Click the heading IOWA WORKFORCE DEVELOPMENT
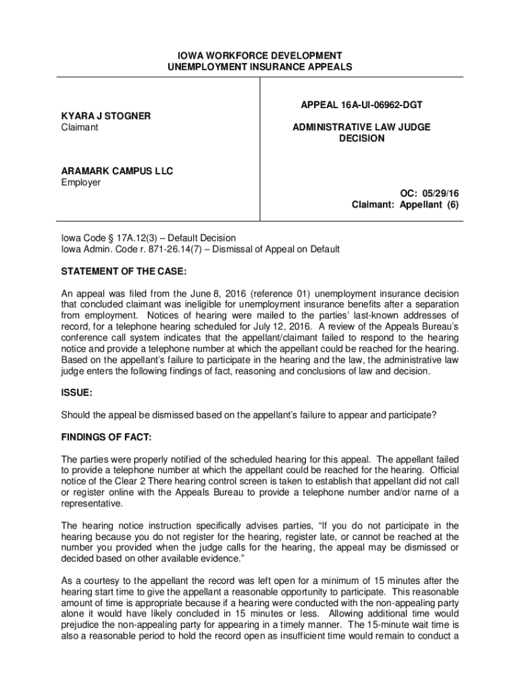click(x=260, y=55)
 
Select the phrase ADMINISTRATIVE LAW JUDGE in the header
click(x=361, y=127)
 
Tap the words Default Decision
click(x=202, y=238)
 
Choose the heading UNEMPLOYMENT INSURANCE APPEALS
click(x=260, y=66)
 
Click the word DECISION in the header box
click(x=361, y=139)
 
